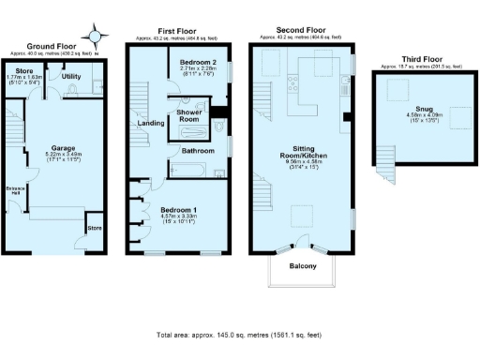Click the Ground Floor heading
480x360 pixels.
click(51, 45)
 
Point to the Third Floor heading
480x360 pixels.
click(421, 58)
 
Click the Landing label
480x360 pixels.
click(150, 123)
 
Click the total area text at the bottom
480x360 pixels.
click(240, 335)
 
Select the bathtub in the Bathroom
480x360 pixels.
click(187, 170)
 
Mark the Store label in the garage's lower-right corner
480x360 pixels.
click(94, 228)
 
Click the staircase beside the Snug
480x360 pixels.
click(384, 167)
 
